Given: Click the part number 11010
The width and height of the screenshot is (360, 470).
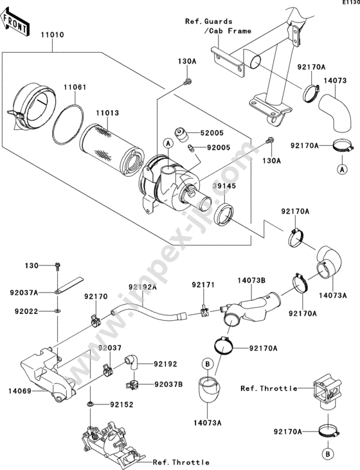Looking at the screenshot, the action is (53, 35).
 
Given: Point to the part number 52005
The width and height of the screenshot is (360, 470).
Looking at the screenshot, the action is (212, 133).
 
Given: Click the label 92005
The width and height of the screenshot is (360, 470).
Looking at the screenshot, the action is (219, 147).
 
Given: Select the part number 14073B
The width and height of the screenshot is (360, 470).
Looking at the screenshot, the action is (251, 280).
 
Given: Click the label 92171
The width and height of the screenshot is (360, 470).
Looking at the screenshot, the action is (203, 284).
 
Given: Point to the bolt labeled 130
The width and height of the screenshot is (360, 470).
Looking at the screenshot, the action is (58, 266).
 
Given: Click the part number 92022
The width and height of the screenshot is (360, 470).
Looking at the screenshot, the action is (26, 311).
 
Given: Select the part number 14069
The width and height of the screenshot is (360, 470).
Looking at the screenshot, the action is (20, 391).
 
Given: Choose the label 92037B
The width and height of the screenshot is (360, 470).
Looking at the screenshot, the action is (169, 384).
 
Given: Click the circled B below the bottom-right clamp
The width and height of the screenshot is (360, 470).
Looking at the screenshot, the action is (328, 454).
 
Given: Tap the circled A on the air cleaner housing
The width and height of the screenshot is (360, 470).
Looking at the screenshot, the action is (168, 144).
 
